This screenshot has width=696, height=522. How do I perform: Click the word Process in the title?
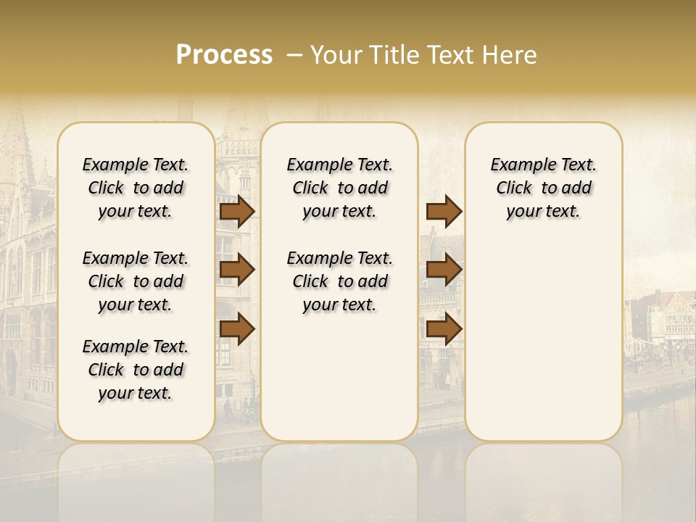(x=224, y=55)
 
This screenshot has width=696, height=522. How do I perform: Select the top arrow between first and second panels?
(x=236, y=212)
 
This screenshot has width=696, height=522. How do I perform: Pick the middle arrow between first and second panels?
(x=236, y=270)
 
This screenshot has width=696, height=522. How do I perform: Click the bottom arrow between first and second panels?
(x=236, y=330)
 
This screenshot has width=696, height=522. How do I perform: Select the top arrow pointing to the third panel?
(x=444, y=212)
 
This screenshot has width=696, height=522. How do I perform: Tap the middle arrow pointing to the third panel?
(x=444, y=270)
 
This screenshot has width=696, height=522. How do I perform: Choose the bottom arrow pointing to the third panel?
(x=444, y=330)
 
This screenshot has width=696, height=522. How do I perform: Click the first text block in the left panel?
(x=136, y=188)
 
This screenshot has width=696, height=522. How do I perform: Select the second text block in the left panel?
(x=136, y=281)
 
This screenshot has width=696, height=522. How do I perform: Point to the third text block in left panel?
(x=136, y=370)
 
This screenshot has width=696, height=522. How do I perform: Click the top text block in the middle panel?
(x=339, y=188)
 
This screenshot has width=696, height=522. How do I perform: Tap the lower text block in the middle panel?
(x=339, y=281)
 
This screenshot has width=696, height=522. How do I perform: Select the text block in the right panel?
(x=543, y=188)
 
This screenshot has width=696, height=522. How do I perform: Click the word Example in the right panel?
(x=517, y=165)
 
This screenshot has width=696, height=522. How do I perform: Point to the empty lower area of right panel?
(x=543, y=341)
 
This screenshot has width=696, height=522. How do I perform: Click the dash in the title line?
(x=293, y=56)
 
